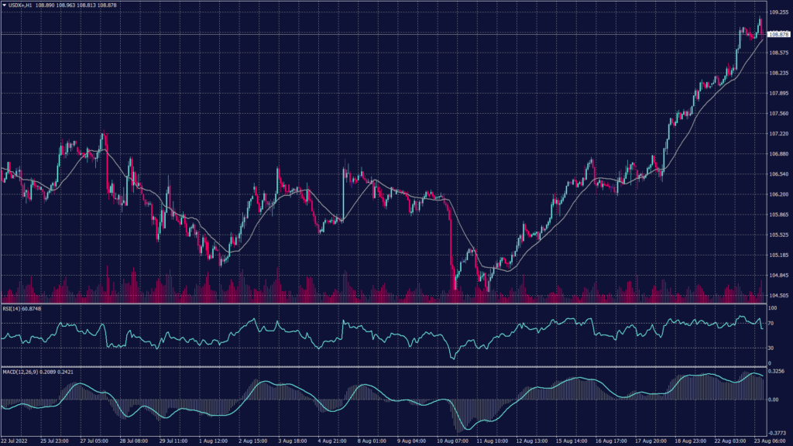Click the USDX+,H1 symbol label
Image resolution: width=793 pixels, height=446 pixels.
pos(19,5)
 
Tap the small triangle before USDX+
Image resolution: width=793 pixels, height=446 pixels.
pos(4,5)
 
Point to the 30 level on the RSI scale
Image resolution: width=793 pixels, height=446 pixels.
pos(770,348)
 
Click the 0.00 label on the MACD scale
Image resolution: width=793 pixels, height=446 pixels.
pos(772,400)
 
